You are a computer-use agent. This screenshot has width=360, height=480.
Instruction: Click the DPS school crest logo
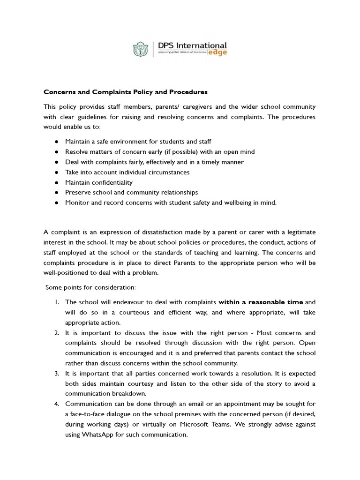141,49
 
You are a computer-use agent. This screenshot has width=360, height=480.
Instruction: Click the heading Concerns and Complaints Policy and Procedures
126,92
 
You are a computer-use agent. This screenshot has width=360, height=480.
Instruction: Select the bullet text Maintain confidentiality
99,182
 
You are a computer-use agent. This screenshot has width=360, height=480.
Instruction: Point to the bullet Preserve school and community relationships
131,192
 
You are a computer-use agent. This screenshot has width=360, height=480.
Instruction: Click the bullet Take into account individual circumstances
127,172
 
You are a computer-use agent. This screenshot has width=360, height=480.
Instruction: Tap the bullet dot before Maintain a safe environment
56,142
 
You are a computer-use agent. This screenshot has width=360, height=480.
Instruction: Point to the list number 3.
56,373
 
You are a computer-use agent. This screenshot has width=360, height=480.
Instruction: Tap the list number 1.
56,302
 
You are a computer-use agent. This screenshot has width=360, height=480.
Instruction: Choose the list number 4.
56,403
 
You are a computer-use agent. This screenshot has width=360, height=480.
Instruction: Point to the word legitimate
298,232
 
